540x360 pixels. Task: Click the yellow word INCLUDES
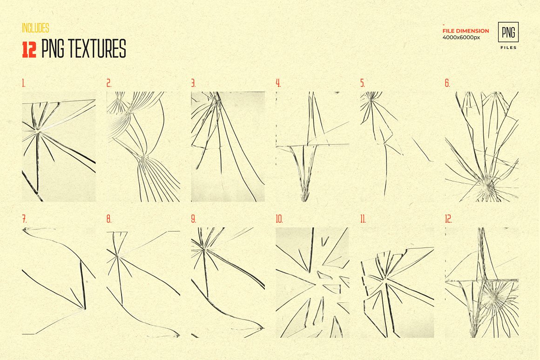(35, 28)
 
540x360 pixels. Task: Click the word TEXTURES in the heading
(97, 48)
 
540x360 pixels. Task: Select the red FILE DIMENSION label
(466, 31)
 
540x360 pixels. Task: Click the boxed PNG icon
(508, 32)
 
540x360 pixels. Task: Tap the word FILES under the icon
(508, 47)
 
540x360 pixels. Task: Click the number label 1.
(23, 83)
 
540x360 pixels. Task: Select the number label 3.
(193, 83)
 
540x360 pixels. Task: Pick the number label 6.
(447, 83)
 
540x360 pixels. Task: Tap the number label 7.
(24, 219)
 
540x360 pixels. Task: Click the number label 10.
(279, 219)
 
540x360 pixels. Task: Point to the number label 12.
(448, 219)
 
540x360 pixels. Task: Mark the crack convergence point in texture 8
(117, 255)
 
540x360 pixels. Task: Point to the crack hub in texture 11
(385, 278)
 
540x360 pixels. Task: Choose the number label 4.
(278, 83)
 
